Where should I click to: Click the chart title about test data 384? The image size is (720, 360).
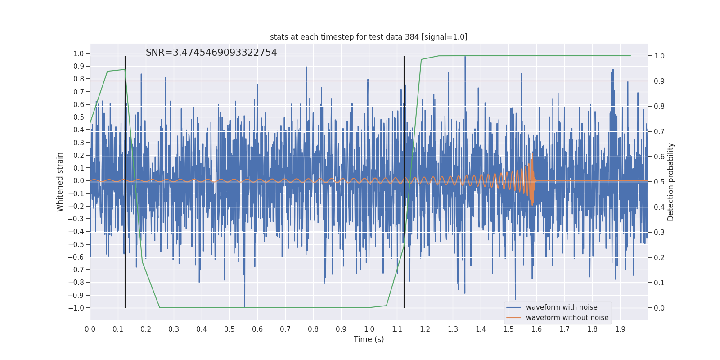(x=369, y=37)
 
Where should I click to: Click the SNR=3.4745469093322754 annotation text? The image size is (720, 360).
(x=211, y=53)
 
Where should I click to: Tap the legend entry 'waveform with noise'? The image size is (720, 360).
(x=562, y=307)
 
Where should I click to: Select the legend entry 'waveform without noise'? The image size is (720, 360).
(x=567, y=318)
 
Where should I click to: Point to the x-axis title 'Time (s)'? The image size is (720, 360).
(x=369, y=339)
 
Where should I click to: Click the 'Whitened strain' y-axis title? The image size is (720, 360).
(x=60, y=182)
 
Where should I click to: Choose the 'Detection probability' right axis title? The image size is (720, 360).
(x=671, y=182)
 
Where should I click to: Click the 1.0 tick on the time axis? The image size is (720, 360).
(x=369, y=329)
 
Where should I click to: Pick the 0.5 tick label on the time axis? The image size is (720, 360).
(x=229, y=329)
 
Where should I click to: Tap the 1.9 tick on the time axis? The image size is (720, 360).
(x=620, y=329)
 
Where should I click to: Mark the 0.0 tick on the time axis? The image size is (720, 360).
(x=90, y=329)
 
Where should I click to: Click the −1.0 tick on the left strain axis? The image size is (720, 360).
(x=76, y=308)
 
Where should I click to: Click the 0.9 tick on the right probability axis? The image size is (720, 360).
(x=659, y=81)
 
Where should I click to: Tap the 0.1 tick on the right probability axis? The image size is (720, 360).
(x=659, y=283)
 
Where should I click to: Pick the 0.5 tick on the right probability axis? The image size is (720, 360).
(x=659, y=182)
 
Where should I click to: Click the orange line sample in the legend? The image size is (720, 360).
(x=513, y=318)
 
